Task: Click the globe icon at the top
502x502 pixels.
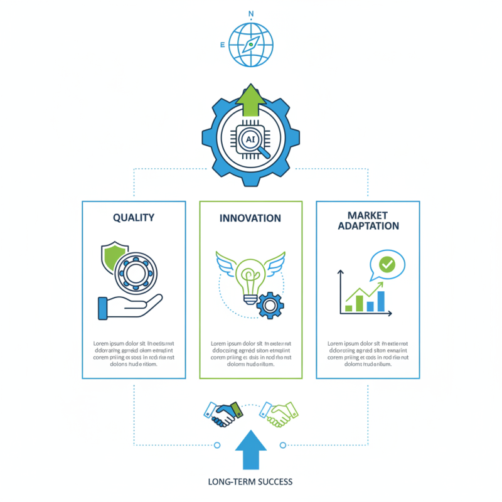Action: pyautogui.click(x=250, y=45)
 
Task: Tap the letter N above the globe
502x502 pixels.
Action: pyautogui.click(x=251, y=13)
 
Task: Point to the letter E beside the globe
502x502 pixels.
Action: pyautogui.click(x=222, y=45)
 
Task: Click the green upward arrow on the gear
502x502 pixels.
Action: pyautogui.click(x=251, y=100)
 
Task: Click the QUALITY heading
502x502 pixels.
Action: pyautogui.click(x=134, y=218)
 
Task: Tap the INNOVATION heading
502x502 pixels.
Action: pyautogui.click(x=250, y=218)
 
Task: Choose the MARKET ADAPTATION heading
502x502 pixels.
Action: pyautogui.click(x=368, y=220)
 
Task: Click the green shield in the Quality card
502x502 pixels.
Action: pyautogui.click(x=113, y=257)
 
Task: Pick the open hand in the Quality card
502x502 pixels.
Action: pyautogui.click(x=129, y=306)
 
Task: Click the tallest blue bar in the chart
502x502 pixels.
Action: pyautogui.click(x=380, y=300)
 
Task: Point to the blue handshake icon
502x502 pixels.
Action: pyautogui.click(x=223, y=414)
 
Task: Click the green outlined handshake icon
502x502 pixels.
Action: pyautogui.click(x=280, y=413)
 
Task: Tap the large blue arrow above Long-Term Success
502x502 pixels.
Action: pyautogui.click(x=250, y=450)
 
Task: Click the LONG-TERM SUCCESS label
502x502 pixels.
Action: pyautogui.click(x=250, y=482)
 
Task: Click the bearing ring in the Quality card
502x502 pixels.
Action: pyautogui.click(x=136, y=272)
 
